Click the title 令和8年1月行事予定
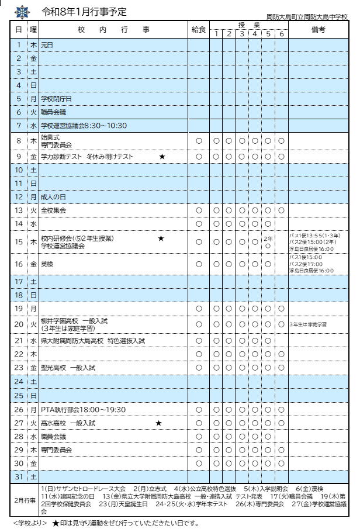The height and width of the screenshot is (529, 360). click(85, 12)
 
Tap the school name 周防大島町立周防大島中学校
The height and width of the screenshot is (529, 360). click(306, 18)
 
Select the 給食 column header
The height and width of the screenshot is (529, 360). click(199, 30)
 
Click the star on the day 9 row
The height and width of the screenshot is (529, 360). click(162, 157)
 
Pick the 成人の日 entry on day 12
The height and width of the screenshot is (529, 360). click(54, 197)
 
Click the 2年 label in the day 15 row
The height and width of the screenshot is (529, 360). click(268, 238)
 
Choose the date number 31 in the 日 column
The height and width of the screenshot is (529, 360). click(19, 476)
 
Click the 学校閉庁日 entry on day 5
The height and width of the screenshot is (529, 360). click(57, 98)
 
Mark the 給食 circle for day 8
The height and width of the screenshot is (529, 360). click(199, 141)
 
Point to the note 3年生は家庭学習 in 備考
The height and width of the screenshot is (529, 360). click(307, 324)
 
